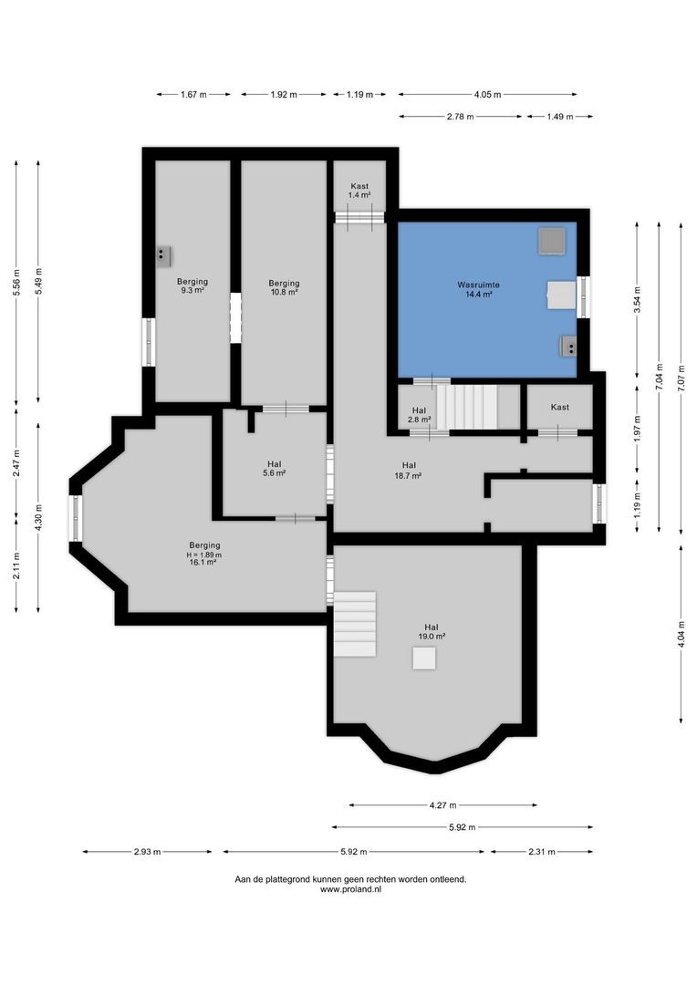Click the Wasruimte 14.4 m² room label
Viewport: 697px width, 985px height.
tap(478, 289)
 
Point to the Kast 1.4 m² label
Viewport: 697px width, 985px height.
tap(360, 191)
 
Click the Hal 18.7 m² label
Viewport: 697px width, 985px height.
tap(409, 470)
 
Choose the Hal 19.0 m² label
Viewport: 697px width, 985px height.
tap(432, 631)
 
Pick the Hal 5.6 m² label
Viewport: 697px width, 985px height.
tap(275, 468)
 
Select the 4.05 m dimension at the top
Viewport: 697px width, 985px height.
tap(487, 94)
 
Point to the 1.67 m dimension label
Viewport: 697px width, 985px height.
tap(192, 94)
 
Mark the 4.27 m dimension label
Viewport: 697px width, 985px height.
tap(443, 805)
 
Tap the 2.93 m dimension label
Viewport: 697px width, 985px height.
tap(147, 852)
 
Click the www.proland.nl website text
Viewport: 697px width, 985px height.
tap(351, 889)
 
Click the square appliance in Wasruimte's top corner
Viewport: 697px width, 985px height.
tap(551, 241)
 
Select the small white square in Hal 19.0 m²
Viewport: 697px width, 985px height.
tap(424, 658)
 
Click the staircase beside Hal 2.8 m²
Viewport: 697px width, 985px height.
tap(469, 407)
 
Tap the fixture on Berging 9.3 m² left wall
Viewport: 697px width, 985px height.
tap(163, 254)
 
